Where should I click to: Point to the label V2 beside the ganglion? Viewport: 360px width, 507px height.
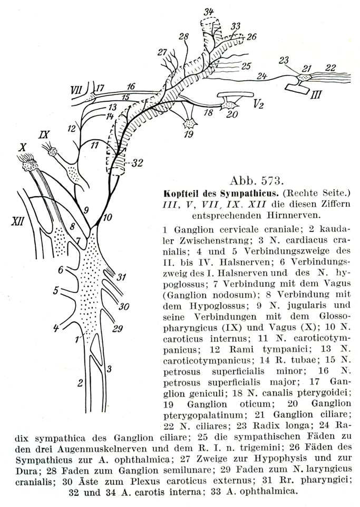click(x=258, y=104)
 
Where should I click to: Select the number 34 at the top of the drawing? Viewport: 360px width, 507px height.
click(x=209, y=12)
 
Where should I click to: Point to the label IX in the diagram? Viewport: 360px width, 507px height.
click(x=44, y=133)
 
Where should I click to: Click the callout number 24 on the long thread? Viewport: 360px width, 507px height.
click(x=261, y=76)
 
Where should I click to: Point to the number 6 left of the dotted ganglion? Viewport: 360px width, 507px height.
click(x=61, y=270)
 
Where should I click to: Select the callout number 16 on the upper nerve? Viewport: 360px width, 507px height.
click(x=130, y=86)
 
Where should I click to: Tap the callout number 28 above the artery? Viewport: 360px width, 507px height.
click(x=183, y=36)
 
